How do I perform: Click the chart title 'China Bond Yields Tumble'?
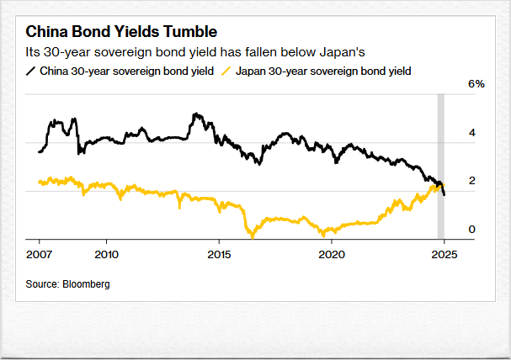coord(122,32)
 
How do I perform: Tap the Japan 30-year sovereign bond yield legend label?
coord(323,71)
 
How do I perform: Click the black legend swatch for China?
coord(31,71)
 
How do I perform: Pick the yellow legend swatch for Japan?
coord(226,71)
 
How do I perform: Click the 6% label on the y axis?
coord(476,85)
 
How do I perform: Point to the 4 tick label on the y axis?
coord(472,133)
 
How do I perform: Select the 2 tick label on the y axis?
coord(472,181)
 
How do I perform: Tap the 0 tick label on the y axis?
coord(472,229)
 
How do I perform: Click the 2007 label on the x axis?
coord(39,253)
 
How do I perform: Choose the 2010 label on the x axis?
coord(106,253)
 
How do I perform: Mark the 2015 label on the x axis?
coord(219,253)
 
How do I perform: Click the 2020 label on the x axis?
coord(332,253)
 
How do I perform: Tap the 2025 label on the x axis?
coord(444,253)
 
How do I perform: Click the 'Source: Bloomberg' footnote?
coord(67,284)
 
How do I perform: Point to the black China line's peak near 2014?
coord(195,114)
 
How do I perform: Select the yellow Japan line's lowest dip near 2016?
coord(252,236)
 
